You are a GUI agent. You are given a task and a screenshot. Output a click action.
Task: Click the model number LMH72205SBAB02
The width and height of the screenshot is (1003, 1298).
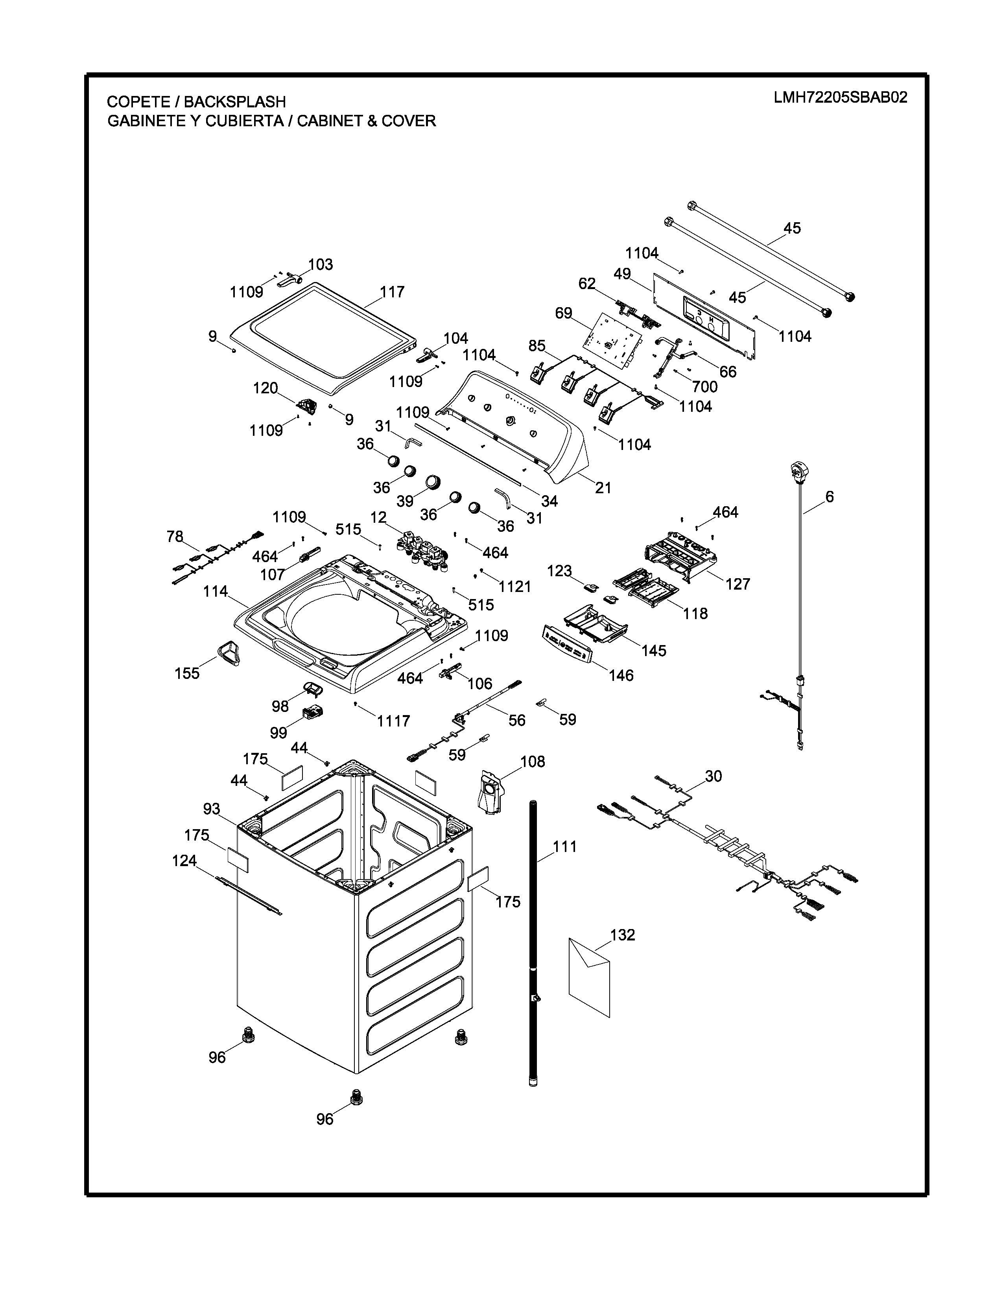(840, 98)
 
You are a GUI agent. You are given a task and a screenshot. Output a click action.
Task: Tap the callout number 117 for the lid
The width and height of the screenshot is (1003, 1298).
(392, 292)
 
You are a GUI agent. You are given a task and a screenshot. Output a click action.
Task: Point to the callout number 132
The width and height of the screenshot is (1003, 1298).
(623, 935)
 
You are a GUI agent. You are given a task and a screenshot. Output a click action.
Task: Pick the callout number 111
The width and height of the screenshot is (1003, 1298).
(565, 846)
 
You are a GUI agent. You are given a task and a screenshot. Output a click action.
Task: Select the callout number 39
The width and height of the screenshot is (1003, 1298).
(405, 501)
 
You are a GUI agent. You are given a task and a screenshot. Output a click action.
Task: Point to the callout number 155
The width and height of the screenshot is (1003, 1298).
(187, 673)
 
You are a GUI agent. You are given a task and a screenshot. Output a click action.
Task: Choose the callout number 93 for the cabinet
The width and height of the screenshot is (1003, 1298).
(212, 809)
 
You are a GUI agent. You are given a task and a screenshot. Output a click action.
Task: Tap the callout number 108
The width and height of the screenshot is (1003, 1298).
(533, 761)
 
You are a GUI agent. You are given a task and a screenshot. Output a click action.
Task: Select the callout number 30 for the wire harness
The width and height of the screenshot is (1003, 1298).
(714, 776)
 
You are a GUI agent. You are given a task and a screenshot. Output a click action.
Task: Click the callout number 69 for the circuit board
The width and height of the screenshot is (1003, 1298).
(563, 313)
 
